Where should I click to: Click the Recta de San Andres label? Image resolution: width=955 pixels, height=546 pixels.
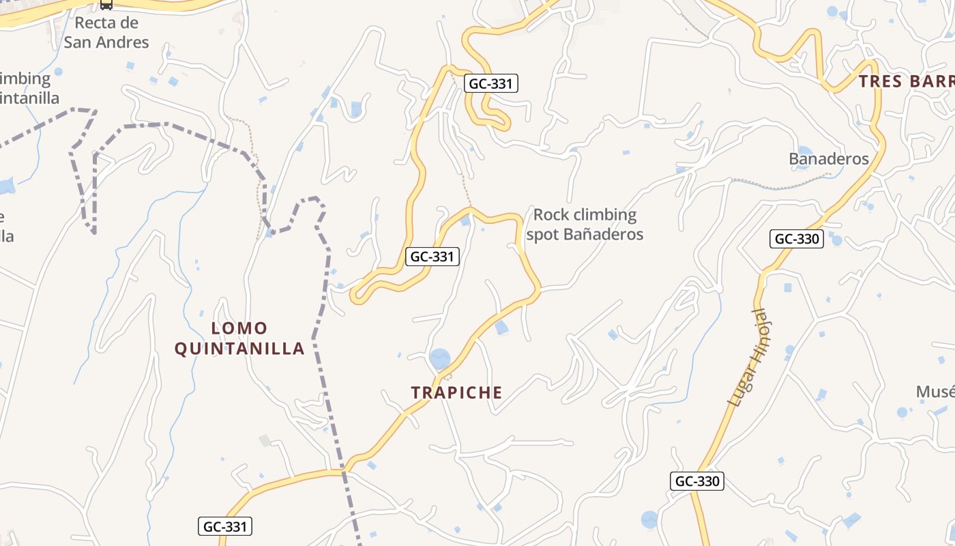click(x=106, y=32)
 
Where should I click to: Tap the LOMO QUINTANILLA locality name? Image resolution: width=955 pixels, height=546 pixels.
click(x=239, y=339)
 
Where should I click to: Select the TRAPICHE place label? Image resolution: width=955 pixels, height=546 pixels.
click(x=456, y=392)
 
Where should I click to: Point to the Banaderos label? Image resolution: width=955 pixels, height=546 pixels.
click(x=829, y=159)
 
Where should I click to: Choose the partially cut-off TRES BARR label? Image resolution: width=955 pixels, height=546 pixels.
click(x=906, y=82)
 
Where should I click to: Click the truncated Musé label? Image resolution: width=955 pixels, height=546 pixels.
click(x=935, y=392)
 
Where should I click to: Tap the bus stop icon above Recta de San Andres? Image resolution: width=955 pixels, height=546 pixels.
click(x=106, y=5)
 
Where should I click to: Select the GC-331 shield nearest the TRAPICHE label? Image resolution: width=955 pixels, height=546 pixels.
click(x=432, y=257)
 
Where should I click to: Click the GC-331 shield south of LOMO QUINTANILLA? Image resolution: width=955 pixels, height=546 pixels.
click(x=226, y=527)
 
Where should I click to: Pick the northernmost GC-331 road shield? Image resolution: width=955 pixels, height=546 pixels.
click(x=492, y=84)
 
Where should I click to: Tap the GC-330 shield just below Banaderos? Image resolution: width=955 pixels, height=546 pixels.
click(x=797, y=239)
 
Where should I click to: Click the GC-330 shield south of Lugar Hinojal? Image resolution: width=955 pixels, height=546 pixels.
click(x=696, y=480)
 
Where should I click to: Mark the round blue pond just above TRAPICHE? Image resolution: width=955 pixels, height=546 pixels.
click(x=440, y=358)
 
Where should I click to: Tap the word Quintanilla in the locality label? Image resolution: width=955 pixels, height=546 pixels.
click(x=239, y=349)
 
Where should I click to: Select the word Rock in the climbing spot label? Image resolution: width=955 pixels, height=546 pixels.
click(x=550, y=215)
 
